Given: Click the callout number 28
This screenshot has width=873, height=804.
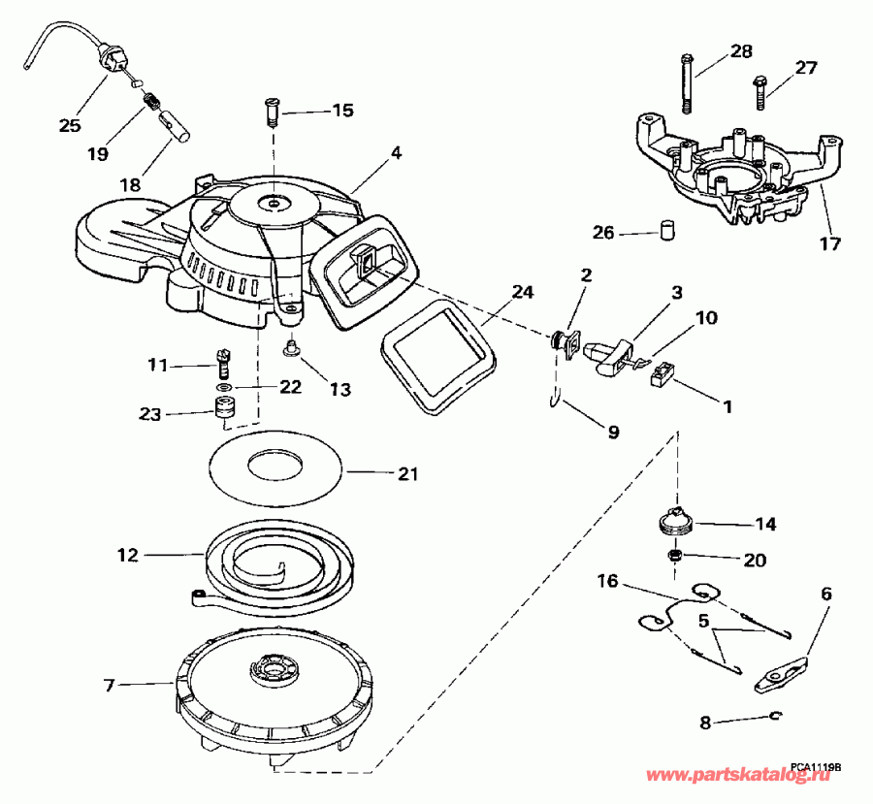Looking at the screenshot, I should point(741,50).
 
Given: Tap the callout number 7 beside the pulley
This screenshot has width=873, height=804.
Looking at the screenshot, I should point(109,685).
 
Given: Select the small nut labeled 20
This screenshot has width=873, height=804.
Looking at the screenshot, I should point(674,556).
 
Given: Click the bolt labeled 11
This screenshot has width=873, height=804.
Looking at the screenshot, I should point(224,365).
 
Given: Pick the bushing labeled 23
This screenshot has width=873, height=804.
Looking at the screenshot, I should point(225,413).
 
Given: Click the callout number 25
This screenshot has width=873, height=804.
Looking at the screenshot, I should point(70,125).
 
